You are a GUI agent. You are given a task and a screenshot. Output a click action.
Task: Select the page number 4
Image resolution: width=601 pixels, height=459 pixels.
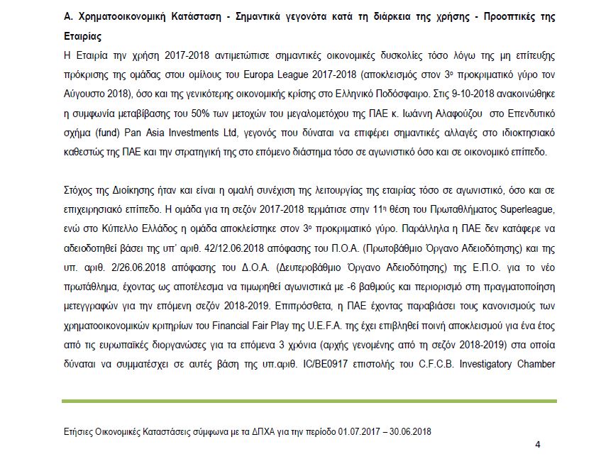tap(537, 444)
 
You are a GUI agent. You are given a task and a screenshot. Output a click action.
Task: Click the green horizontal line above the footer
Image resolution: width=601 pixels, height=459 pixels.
tap(309, 402)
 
